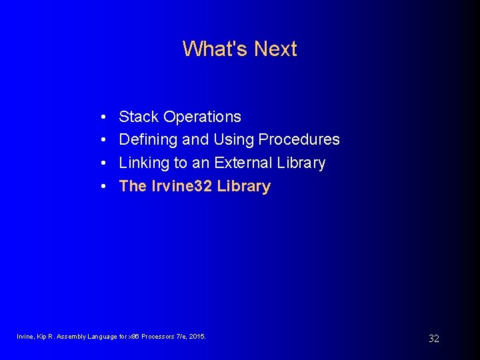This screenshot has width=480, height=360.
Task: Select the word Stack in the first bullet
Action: (139, 117)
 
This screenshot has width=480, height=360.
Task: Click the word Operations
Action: (202, 117)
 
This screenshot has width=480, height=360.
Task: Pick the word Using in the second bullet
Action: (233, 140)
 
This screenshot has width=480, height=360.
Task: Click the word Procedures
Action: (299, 140)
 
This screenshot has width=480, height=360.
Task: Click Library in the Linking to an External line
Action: (301, 163)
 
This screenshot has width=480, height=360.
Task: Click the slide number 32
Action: (433, 339)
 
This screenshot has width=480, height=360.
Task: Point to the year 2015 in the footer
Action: (197, 337)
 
